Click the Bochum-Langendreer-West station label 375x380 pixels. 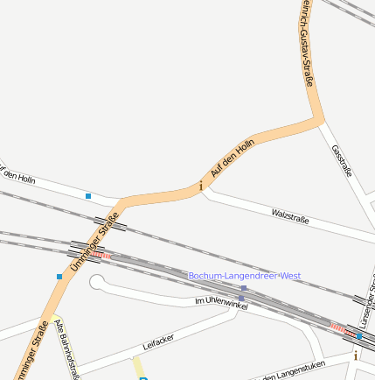(244, 276)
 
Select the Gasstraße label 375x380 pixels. (342, 161)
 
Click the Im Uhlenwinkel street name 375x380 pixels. (221, 302)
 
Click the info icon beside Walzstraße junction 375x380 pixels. (202, 186)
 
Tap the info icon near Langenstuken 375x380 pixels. (356, 355)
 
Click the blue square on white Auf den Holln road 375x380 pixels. (88, 196)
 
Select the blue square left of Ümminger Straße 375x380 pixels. (59, 277)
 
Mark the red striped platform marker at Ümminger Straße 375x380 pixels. (102, 255)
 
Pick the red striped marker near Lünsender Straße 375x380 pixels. (337, 326)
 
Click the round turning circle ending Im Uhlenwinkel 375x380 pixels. (97, 282)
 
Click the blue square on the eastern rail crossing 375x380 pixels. (358, 335)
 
